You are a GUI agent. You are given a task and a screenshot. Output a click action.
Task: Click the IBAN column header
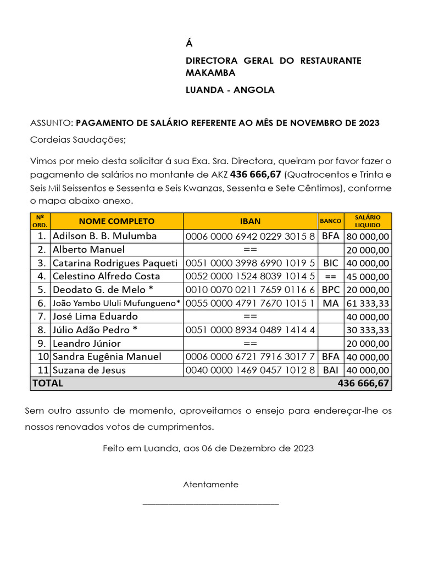point(250,221)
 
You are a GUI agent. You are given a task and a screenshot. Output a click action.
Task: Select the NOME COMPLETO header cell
point(116,221)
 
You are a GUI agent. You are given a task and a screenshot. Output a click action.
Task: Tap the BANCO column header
point(331,221)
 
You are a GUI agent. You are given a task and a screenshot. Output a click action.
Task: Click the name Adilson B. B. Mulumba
point(104,236)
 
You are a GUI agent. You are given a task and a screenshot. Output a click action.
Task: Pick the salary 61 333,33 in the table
point(368,304)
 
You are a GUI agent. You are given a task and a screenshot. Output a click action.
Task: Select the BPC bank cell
point(331,290)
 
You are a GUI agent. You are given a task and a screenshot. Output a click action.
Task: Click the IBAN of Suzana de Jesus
point(250,370)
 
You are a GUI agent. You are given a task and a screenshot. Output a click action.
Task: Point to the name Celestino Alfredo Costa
point(106,276)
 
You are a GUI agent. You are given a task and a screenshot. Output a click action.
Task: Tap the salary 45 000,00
point(368,277)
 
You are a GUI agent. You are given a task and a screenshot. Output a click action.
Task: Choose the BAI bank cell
point(331,370)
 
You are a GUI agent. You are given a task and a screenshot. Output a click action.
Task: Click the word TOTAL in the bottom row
point(48,384)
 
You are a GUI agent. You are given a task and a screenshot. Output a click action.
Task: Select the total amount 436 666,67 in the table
point(363,384)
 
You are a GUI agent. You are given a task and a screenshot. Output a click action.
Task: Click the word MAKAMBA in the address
point(210,73)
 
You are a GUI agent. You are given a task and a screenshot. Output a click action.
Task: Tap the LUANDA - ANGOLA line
point(230,90)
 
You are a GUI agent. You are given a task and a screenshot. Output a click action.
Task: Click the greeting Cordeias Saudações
point(77,139)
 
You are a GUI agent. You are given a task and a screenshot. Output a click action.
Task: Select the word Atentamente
point(211,485)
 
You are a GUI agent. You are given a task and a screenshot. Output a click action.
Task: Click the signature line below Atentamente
point(211,503)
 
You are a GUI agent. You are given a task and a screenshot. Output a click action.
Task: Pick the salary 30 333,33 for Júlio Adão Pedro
point(368,330)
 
